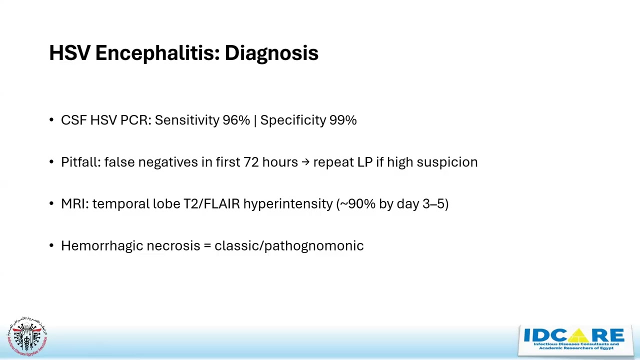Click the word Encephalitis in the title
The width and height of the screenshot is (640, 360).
[157, 53]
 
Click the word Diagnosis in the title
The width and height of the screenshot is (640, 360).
[271, 53]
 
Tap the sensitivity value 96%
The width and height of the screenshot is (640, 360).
[236, 120]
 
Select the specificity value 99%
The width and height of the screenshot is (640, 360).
[343, 120]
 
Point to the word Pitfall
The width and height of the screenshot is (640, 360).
[80, 162]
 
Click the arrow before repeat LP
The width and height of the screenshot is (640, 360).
[305, 162]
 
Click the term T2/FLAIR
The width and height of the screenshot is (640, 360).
[211, 204]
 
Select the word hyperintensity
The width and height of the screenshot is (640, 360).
[288, 204]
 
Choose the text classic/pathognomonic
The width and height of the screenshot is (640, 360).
[289, 245]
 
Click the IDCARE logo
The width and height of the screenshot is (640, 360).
[574, 340]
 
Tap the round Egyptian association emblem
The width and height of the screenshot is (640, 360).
[27, 336]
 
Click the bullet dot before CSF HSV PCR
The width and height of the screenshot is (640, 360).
[52, 120]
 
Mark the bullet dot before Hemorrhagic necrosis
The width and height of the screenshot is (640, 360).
[52, 246]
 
